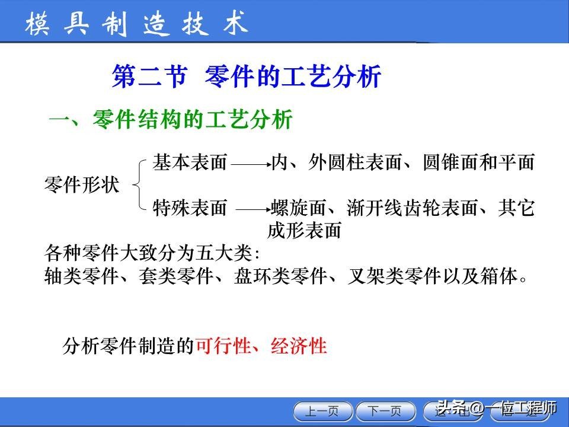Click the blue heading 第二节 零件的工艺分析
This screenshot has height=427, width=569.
click(x=246, y=77)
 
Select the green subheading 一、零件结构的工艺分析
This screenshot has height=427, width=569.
click(x=171, y=120)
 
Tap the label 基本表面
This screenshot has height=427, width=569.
click(x=190, y=162)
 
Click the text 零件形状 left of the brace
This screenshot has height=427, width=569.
click(x=82, y=184)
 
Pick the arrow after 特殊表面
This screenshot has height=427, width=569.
click(x=252, y=209)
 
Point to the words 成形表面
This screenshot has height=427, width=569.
click(x=305, y=230)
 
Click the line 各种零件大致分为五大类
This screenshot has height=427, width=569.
click(x=152, y=253)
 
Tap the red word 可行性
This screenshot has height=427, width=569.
click(x=223, y=346)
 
